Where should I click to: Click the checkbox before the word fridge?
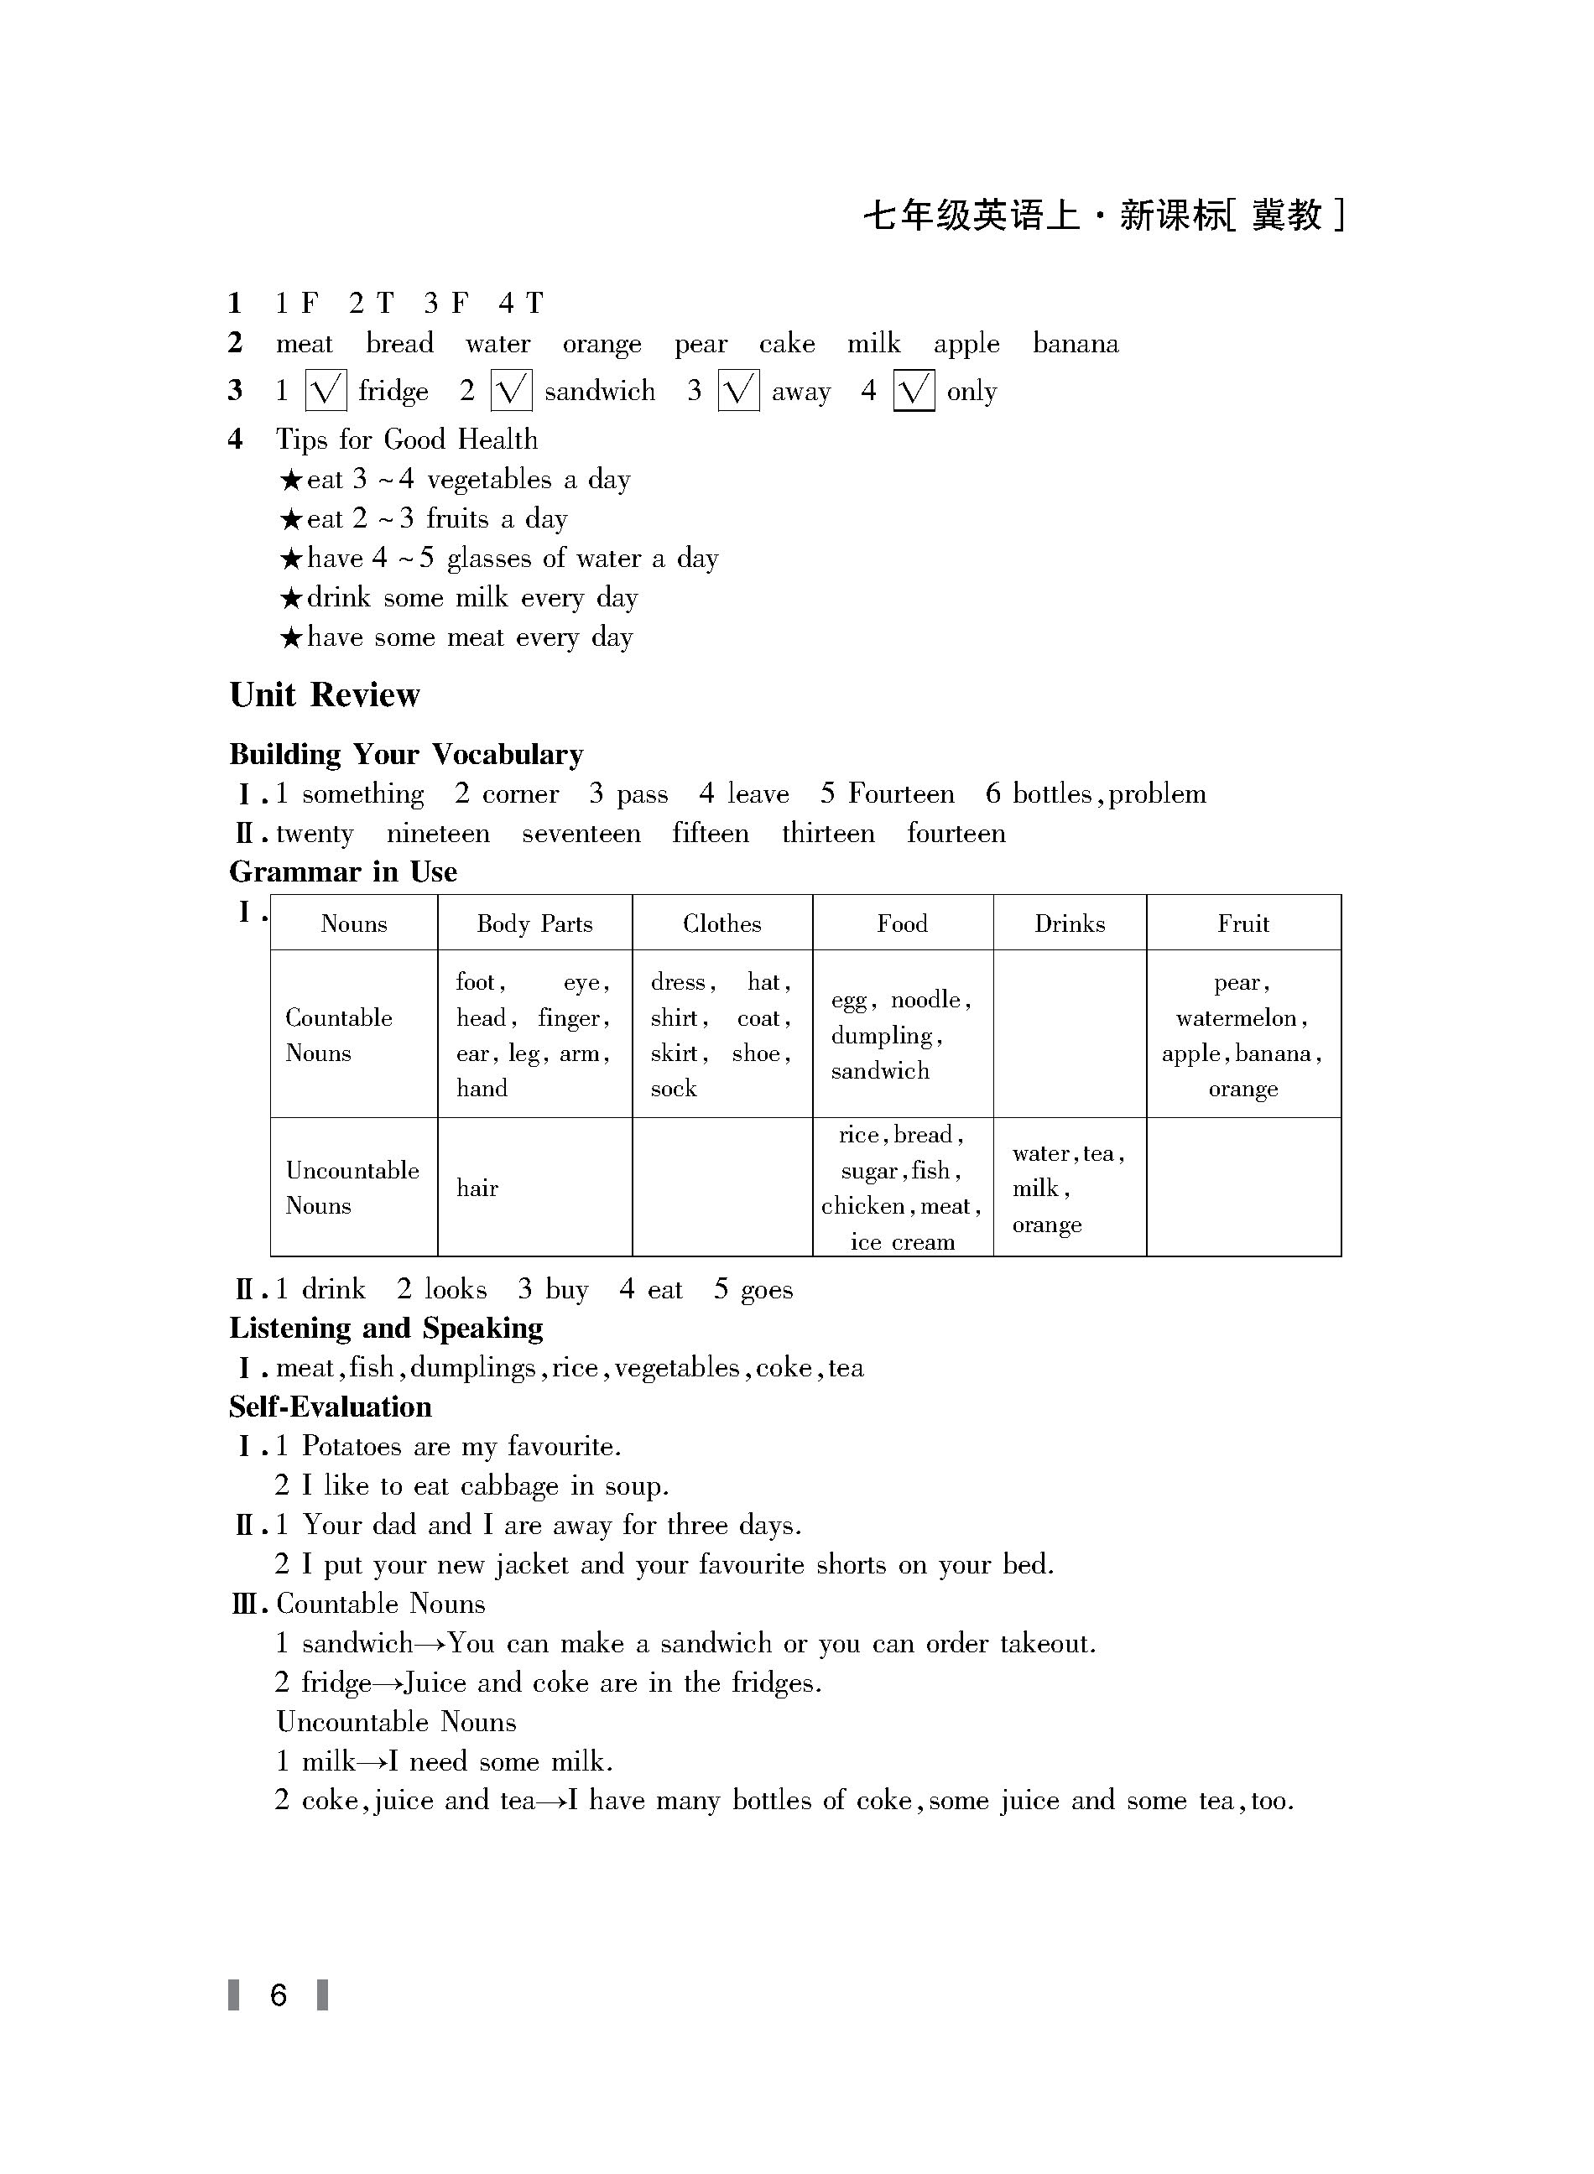point(326,391)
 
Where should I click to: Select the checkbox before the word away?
point(738,391)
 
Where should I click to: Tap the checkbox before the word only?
point(913,391)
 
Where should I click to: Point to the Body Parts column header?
point(534,924)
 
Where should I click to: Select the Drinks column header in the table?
point(1069,924)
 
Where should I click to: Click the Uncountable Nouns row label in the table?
point(352,1188)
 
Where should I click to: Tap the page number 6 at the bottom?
point(279,1995)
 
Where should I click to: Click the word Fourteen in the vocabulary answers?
point(900,793)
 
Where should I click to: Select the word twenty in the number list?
point(315,834)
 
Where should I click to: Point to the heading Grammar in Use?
point(343,872)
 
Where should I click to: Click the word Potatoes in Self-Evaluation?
point(352,1447)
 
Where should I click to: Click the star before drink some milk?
point(290,599)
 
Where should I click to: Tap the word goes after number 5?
point(766,1291)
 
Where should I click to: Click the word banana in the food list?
point(1075,345)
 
